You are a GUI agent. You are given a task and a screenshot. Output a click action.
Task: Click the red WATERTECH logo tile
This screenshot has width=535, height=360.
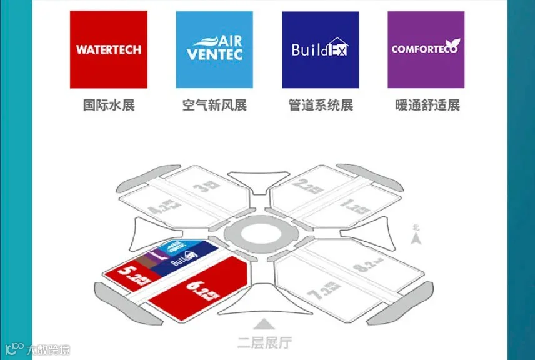point(109,49)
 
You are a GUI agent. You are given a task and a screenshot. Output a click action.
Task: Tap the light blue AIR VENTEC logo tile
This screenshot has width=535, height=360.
point(214,49)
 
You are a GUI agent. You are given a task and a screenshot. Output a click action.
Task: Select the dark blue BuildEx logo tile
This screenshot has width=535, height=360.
point(320,49)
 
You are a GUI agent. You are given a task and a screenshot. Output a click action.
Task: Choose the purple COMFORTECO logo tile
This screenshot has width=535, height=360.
point(426,49)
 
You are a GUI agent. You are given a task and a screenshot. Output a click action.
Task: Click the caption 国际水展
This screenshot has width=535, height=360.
point(109,105)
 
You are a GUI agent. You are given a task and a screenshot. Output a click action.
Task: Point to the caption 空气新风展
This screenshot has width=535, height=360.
point(214,105)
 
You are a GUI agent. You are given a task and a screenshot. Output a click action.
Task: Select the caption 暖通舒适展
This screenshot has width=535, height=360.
point(427,105)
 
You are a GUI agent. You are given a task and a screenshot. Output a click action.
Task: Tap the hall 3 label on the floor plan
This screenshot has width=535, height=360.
point(202,185)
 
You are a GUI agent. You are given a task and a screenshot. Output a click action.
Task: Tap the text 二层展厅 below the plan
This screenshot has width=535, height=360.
point(264,342)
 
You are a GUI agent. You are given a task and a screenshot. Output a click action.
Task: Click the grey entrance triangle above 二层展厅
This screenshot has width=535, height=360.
point(264,324)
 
